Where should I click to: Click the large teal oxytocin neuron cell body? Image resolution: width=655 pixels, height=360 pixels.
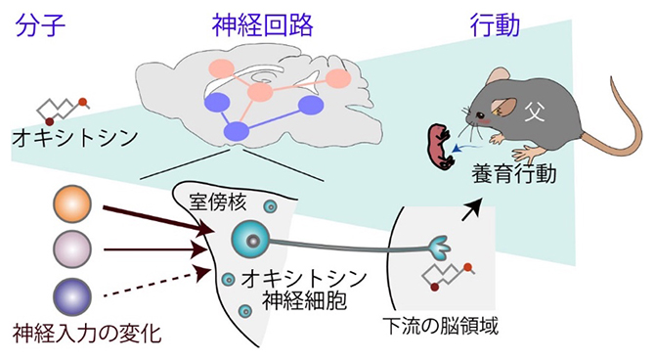pos(250,240)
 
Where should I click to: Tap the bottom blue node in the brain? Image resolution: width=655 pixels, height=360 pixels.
pos(236,130)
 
